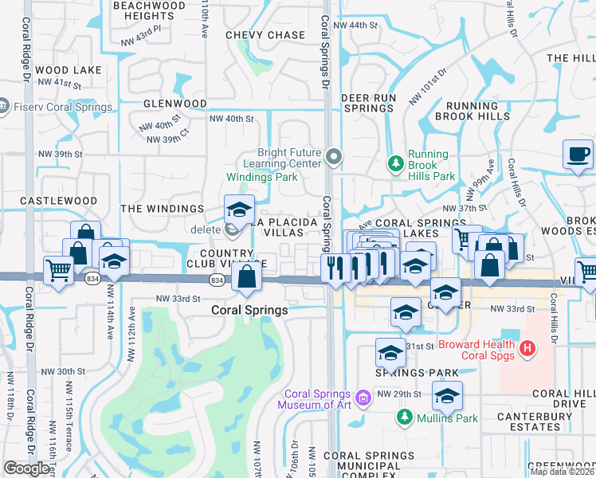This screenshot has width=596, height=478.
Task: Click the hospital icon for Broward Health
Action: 527,348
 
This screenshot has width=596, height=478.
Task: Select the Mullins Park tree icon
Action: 405,417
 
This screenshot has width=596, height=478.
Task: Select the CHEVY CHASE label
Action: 265,35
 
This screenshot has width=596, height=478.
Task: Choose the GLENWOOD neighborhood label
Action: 174,104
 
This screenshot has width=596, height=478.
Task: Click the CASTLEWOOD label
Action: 58,202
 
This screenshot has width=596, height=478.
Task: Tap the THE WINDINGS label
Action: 162,209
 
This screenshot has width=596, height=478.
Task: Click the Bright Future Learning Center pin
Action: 334,157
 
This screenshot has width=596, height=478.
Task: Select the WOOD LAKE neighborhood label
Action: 68,70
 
